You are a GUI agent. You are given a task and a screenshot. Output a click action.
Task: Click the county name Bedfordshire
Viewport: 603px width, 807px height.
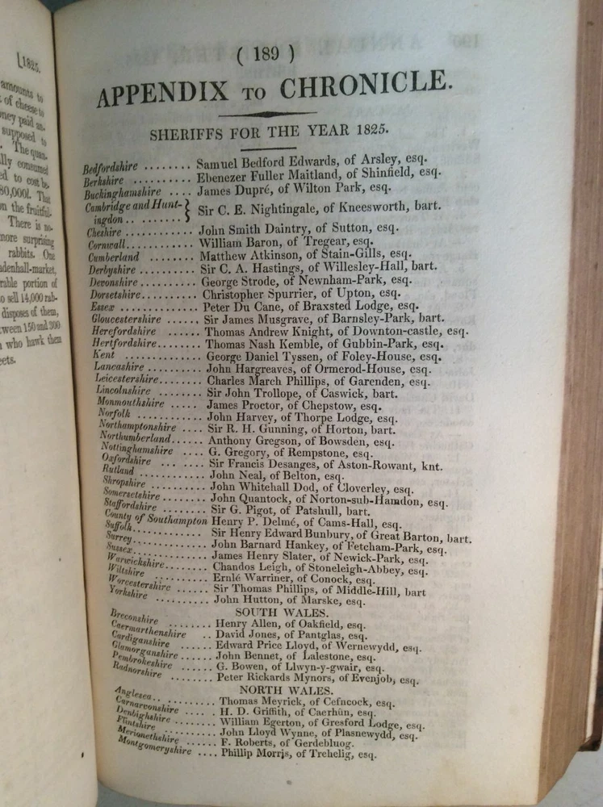click(111, 168)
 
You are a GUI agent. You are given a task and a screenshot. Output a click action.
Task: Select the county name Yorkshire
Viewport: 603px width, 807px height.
click(129, 593)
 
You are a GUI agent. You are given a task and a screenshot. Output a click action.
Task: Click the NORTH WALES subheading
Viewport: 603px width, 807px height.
click(277, 691)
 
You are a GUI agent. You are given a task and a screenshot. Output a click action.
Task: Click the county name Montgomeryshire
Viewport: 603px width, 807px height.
click(156, 745)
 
